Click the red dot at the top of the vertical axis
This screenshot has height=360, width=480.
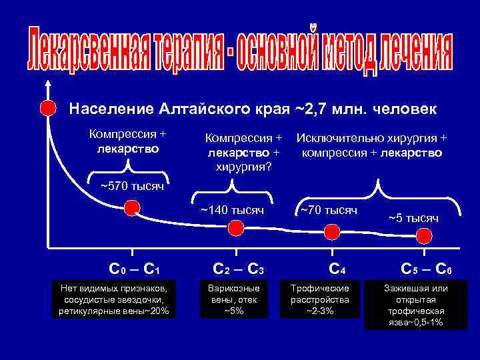[x=47, y=107]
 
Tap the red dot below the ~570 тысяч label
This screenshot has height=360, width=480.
[x=132, y=209]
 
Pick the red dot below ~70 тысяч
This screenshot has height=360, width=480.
[x=331, y=231]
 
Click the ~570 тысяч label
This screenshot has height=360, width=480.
[x=131, y=185]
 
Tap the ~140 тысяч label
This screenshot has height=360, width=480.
[x=233, y=211]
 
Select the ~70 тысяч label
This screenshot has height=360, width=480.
[x=329, y=210]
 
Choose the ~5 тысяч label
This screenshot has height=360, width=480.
[x=413, y=217]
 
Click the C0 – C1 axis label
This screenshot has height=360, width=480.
[x=133, y=270]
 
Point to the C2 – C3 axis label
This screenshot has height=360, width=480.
[x=239, y=270]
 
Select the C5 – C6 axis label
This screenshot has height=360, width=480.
[x=427, y=270]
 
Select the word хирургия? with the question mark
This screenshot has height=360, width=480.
[x=243, y=165]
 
